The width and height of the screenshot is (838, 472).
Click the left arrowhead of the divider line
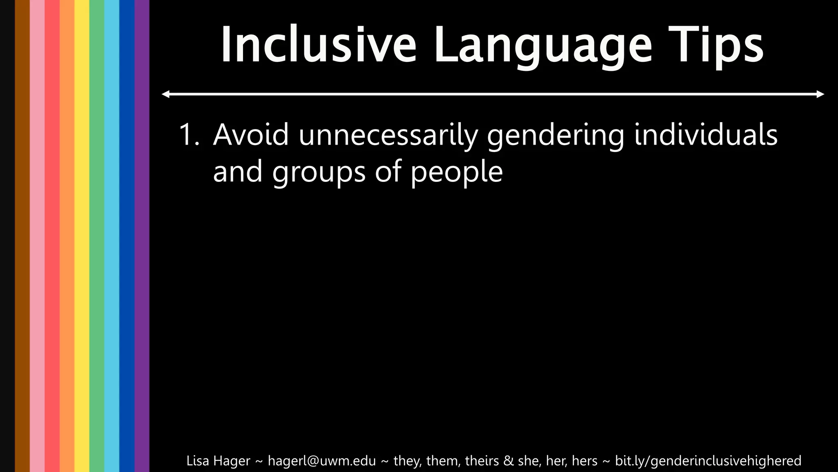(x=165, y=94)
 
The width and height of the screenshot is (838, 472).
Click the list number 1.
(x=189, y=135)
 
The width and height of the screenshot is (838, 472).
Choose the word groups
(x=319, y=172)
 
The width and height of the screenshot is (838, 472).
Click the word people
(x=456, y=172)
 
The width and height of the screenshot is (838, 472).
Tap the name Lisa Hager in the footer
(x=218, y=461)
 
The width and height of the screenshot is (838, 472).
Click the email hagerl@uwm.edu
(x=322, y=461)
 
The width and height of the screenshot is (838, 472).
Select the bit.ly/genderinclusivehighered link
(x=708, y=461)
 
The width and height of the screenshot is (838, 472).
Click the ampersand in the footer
(x=508, y=461)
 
